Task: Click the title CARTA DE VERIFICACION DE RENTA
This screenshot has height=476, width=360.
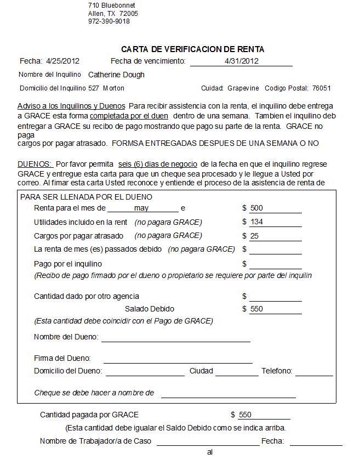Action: tap(192, 49)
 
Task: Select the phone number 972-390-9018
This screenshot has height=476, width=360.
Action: tap(109, 21)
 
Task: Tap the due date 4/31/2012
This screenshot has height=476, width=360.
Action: tap(241, 61)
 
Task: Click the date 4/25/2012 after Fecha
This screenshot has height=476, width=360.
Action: tap(63, 61)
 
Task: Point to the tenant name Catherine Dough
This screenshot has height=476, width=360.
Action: tap(116, 75)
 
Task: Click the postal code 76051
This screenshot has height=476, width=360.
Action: tap(321, 88)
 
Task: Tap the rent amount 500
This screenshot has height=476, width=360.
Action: tap(256, 208)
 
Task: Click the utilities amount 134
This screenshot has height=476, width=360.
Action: tap(256, 222)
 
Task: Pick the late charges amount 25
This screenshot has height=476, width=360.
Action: tap(254, 236)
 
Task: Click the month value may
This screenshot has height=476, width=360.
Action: tap(141, 208)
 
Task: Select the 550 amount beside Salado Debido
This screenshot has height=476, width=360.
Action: tap(256, 309)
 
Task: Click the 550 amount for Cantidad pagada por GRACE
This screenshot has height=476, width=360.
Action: tap(245, 415)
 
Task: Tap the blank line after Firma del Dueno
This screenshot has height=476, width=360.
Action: tap(178, 359)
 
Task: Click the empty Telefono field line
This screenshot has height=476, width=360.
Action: tap(313, 372)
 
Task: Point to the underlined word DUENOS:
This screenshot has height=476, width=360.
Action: tap(35, 164)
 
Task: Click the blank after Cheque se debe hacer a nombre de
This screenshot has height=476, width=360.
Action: tap(228, 393)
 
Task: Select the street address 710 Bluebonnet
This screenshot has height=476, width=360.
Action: tap(111, 5)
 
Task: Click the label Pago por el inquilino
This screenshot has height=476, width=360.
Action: tap(68, 264)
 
